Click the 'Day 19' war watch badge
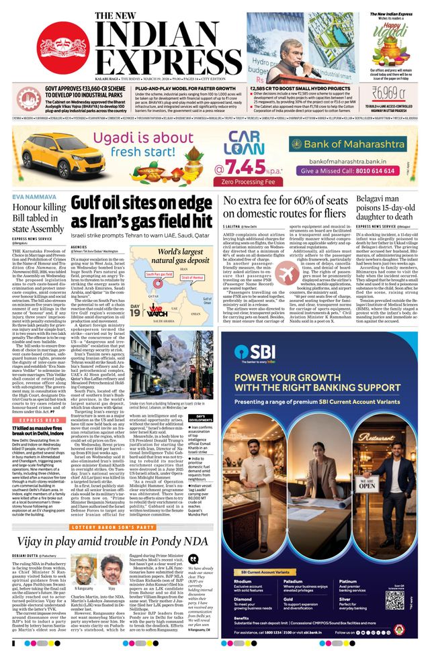coord(136,293)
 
